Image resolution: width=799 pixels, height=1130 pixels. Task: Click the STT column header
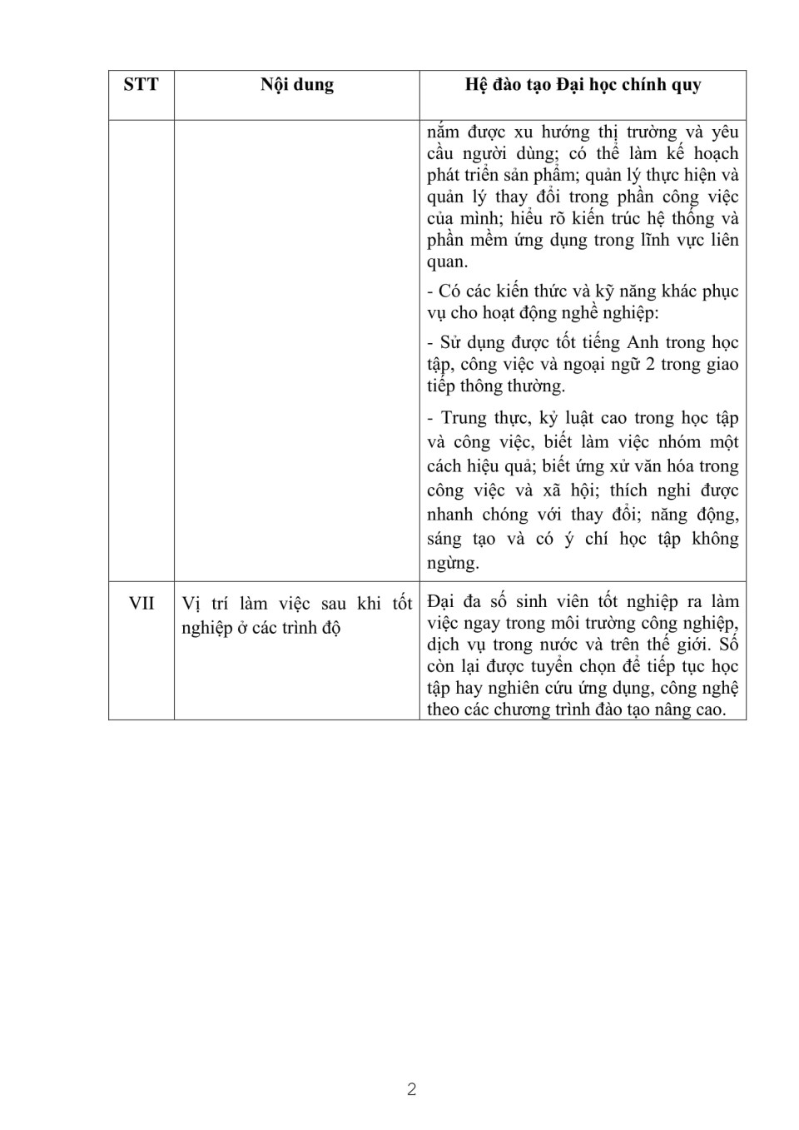[x=141, y=85]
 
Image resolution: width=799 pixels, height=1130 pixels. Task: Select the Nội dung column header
[x=297, y=85]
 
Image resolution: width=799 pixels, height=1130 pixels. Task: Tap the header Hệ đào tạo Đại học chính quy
[x=583, y=85]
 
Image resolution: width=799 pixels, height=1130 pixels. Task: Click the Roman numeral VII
[x=141, y=603]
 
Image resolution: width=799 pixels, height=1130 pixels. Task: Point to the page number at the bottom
[x=411, y=1089]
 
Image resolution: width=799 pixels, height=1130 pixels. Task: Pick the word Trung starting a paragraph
[x=464, y=418]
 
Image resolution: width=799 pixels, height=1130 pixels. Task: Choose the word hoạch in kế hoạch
[x=716, y=153]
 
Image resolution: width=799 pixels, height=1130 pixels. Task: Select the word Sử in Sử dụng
[x=450, y=342]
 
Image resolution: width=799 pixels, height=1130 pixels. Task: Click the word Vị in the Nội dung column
[x=191, y=604]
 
